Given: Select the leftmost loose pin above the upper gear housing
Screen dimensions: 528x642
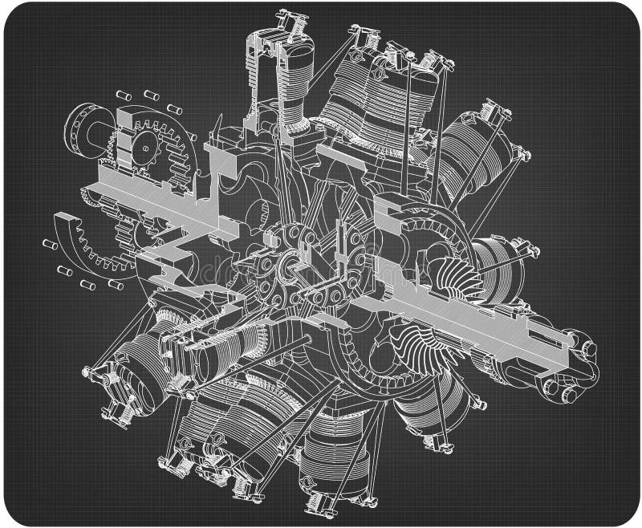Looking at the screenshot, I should coord(124,95).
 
